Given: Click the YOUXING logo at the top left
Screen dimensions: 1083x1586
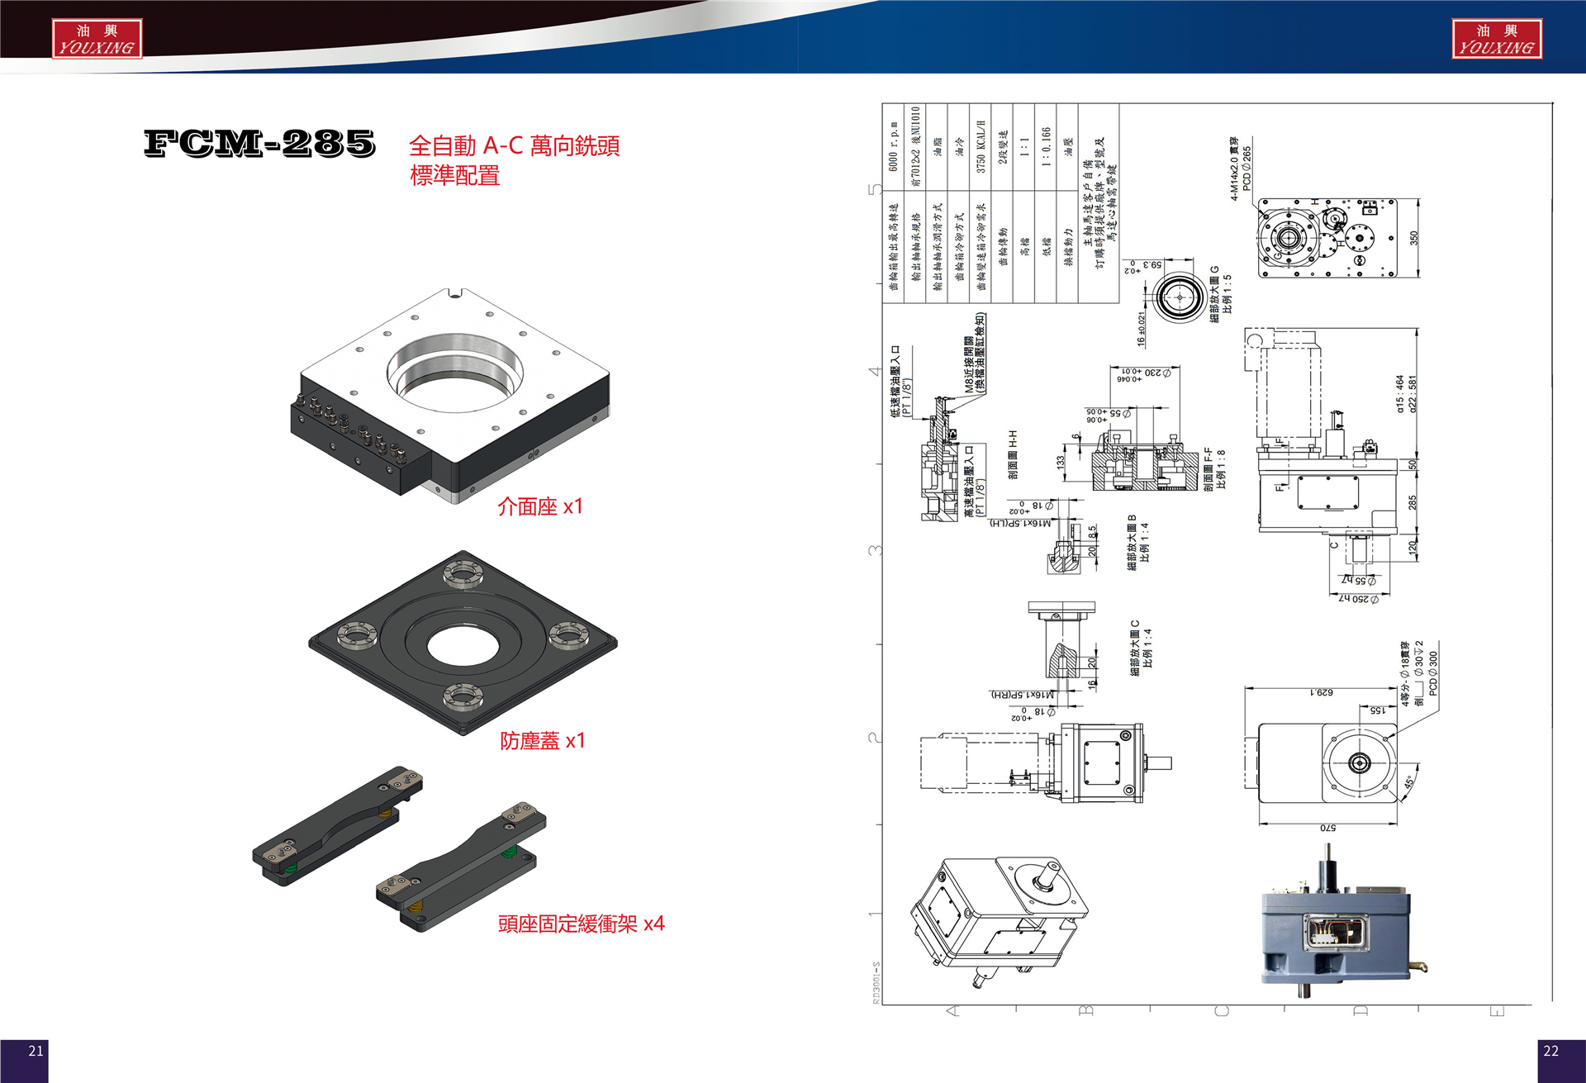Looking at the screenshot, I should (97, 39).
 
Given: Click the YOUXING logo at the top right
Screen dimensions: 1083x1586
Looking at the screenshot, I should (1496, 39).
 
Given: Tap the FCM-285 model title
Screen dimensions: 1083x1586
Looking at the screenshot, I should (259, 143).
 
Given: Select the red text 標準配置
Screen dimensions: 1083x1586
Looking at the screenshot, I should (454, 175).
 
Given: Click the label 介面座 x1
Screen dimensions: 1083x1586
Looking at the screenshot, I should (539, 506).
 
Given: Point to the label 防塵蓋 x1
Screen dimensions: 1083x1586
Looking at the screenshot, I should (542, 740).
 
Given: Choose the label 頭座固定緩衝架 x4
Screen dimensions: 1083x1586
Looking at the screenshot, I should (581, 924).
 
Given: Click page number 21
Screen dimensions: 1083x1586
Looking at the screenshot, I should (36, 1051).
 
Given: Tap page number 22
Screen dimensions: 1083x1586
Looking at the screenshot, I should (1550, 1051).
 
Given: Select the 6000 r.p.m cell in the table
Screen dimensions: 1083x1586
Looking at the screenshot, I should (894, 148).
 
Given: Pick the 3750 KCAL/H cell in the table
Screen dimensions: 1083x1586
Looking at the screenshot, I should (981, 147).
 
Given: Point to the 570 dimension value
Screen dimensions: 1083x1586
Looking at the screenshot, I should (1327, 828).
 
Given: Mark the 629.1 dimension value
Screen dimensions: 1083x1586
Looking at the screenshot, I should (1321, 692).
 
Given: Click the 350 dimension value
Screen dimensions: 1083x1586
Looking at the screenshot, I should (1413, 238).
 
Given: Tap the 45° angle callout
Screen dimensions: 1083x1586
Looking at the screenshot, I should (1408, 781).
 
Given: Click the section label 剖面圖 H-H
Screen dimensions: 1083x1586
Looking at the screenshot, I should (1013, 454).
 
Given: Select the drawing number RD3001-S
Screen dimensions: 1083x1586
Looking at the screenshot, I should (876, 982).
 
